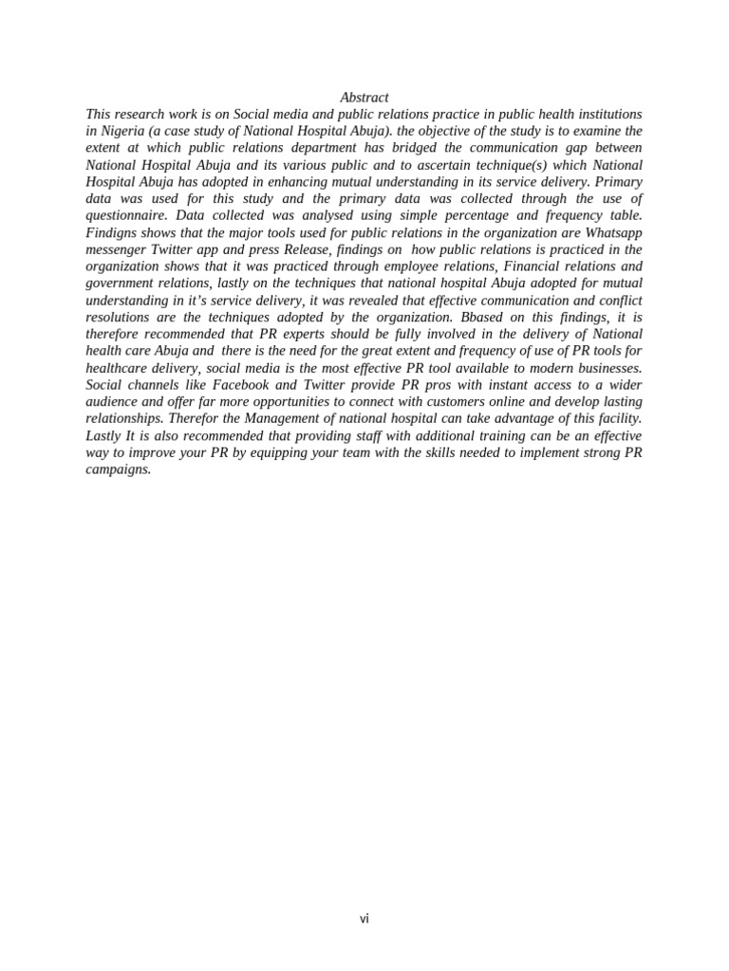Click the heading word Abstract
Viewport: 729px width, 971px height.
pyautogui.click(x=364, y=98)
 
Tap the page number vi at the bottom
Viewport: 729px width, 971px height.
pyautogui.click(x=364, y=919)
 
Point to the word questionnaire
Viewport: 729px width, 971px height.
pyautogui.click(x=125, y=215)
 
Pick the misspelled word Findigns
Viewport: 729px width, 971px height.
pyautogui.click(x=111, y=232)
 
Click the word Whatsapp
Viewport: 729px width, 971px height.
pyautogui.click(x=613, y=232)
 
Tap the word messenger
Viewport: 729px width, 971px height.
pyautogui.click(x=116, y=249)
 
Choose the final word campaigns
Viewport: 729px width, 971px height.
pyautogui.click(x=119, y=469)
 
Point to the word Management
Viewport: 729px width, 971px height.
pyautogui.click(x=284, y=419)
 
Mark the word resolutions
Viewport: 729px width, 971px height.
pyautogui.click(x=120, y=318)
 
